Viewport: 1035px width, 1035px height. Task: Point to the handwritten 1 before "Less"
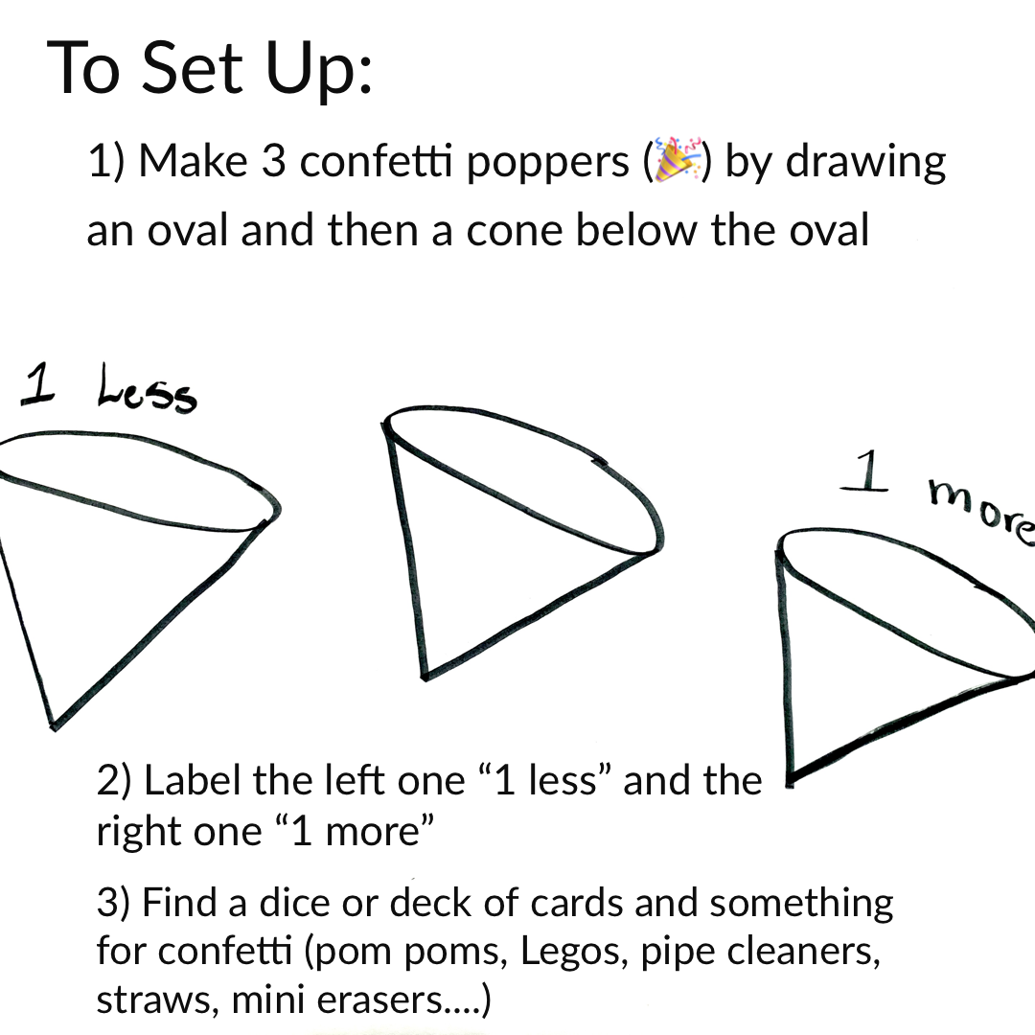click(x=37, y=382)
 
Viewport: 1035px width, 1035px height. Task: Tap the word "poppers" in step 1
click(x=547, y=163)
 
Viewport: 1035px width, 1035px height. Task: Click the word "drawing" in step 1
click(x=866, y=163)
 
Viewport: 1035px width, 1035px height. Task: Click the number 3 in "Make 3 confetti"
click(x=273, y=163)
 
